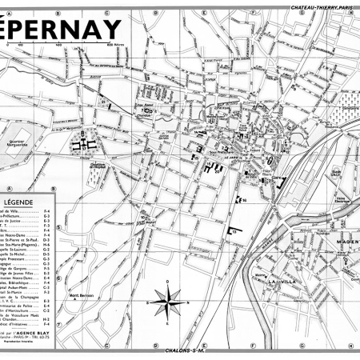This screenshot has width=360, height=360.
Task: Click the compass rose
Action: pyautogui.click(x=166, y=302)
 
